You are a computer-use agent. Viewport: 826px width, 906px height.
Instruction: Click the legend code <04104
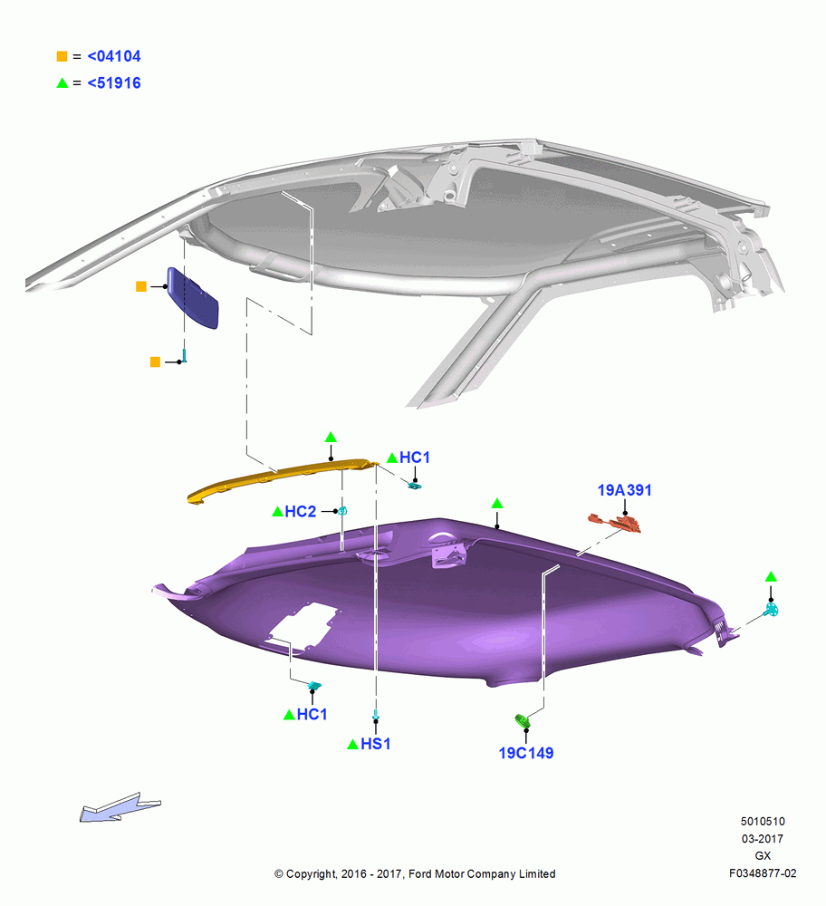point(114,56)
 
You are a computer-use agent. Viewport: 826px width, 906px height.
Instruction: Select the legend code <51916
point(114,83)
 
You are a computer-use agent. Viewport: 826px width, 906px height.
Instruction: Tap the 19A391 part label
point(624,490)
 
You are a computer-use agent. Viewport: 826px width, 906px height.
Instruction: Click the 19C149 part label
point(525,753)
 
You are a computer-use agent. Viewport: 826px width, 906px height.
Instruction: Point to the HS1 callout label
point(376,744)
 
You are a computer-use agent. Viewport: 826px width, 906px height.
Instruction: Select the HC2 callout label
point(301,511)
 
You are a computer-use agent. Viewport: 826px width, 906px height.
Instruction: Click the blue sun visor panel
point(192,297)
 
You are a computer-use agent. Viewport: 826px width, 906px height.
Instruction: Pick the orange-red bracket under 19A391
point(615,523)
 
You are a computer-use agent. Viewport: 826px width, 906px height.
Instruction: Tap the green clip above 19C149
point(523,721)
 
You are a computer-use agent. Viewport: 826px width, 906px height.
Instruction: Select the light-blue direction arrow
point(120,807)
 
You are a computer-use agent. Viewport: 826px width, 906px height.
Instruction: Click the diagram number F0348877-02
point(763,873)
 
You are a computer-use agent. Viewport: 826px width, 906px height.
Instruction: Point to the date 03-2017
point(763,838)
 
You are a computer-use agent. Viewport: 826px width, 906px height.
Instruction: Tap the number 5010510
point(763,821)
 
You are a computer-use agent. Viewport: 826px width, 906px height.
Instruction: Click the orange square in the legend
point(62,56)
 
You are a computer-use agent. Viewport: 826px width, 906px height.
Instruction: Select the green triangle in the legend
point(62,83)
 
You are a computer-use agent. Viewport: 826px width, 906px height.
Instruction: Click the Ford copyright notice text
point(415,873)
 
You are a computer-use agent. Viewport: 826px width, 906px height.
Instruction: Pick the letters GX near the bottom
point(763,856)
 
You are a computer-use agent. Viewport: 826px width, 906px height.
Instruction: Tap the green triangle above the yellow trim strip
point(331,437)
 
